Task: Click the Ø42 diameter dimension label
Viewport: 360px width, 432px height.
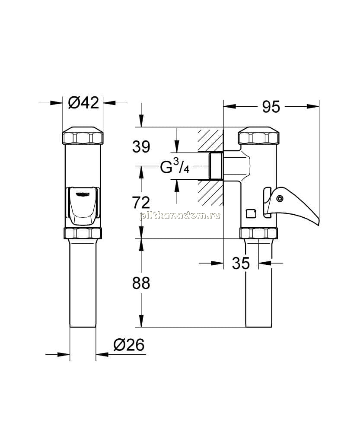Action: click(83, 103)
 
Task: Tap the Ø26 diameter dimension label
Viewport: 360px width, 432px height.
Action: click(129, 345)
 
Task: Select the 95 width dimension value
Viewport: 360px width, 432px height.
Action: click(271, 107)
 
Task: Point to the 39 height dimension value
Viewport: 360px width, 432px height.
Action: click(141, 146)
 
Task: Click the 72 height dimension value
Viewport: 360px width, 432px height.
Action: click(141, 203)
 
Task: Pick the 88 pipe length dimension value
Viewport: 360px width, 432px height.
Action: click(141, 283)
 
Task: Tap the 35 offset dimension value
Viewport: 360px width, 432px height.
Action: click(241, 263)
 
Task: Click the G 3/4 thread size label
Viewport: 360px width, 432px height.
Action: click(175, 166)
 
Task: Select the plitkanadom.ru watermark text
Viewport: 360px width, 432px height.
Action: click(180, 216)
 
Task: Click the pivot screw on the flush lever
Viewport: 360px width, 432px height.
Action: click(280, 198)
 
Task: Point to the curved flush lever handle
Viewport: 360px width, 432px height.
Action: click(292, 205)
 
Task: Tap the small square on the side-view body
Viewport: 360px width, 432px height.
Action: click(251, 213)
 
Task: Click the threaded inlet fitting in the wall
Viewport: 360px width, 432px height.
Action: click(216, 166)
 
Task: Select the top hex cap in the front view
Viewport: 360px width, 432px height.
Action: click(83, 135)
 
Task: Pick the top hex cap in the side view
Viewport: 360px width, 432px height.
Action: click(258, 135)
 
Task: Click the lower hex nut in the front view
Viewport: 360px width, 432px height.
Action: click(83, 233)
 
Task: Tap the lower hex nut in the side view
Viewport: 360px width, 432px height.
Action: click(258, 233)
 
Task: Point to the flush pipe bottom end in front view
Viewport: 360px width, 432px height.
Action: click(83, 327)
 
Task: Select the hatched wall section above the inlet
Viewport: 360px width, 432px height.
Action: click(210, 140)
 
